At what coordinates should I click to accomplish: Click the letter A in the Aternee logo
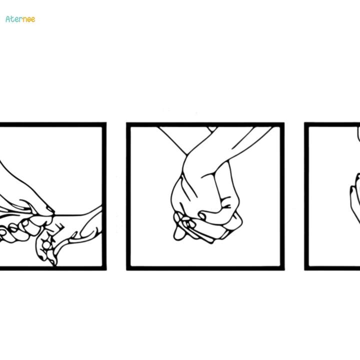point(8,19)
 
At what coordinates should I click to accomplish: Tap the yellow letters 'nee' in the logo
point(29,19)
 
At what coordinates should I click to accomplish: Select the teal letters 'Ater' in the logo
point(14,19)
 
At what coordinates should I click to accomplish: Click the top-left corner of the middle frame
point(128,124)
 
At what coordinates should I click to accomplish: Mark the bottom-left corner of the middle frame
point(128,268)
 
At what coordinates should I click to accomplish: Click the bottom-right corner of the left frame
point(104,268)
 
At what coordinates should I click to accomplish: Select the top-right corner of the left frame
point(104,124)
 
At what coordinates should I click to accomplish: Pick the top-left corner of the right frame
point(306,124)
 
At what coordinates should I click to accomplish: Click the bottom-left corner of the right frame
point(306,268)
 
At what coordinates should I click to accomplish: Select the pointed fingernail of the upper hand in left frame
point(50,210)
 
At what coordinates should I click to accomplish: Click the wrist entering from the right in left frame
point(92,220)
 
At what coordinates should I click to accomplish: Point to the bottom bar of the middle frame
point(205,268)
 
